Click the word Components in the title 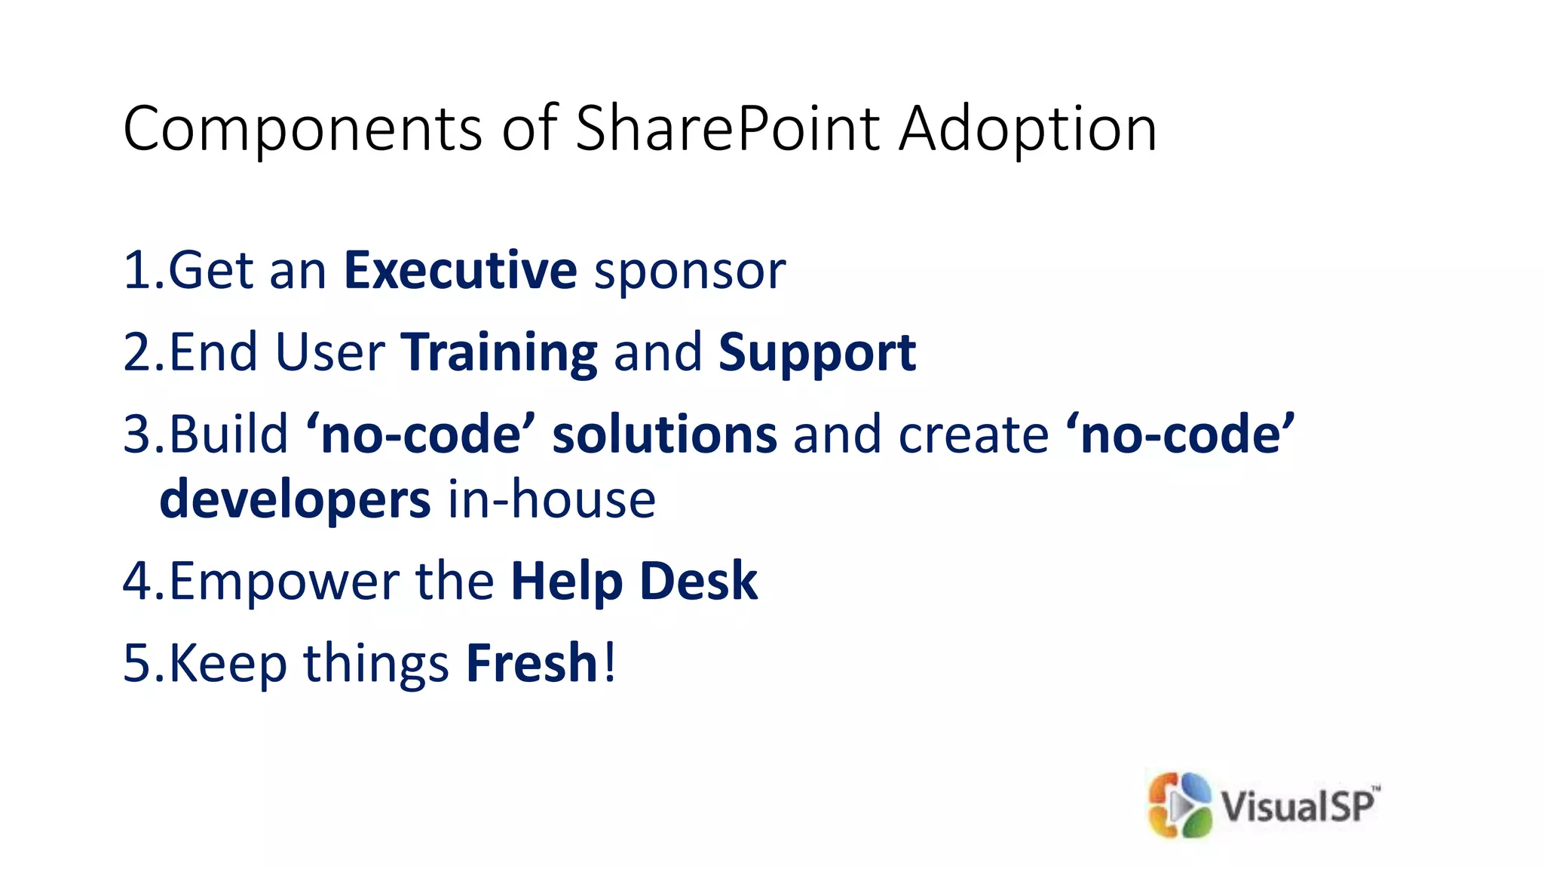coord(302,130)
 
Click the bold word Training coord(499,353)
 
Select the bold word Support coord(817,353)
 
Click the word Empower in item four coord(283,582)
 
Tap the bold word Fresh coord(532,663)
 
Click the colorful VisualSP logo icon coord(1179,805)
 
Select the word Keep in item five coord(228,663)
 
